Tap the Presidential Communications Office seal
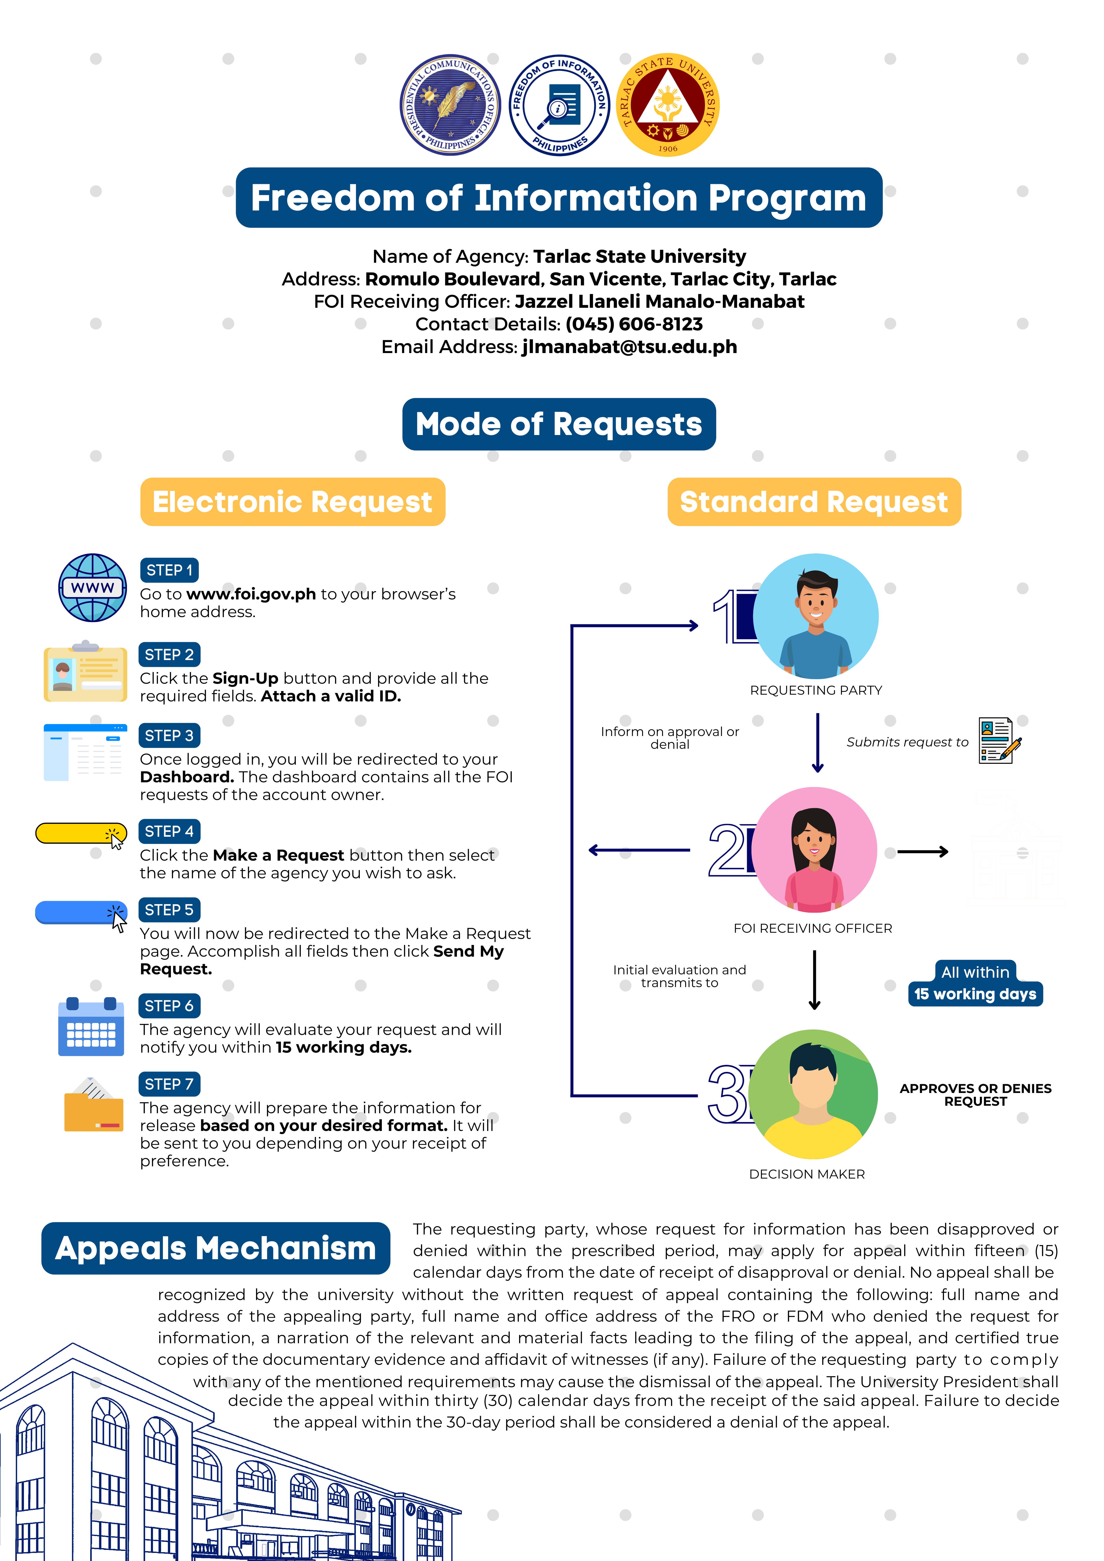tap(450, 105)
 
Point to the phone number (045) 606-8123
tap(634, 324)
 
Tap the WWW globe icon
tap(92, 587)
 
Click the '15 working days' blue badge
tap(975, 994)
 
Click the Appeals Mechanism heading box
tap(215, 1248)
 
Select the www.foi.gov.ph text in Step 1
tap(251, 594)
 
